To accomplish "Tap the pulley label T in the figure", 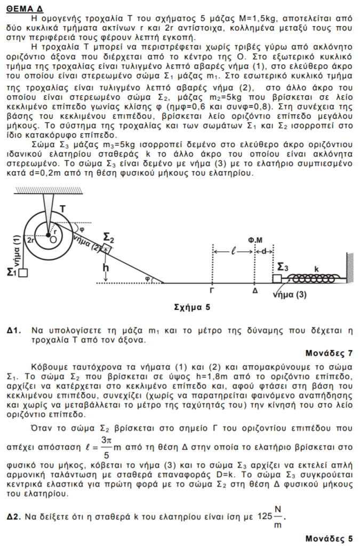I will pyautogui.click(x=62, y=209).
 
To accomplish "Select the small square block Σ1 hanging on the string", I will pyautogui.click(x=23, y=272).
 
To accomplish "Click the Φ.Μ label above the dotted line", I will pyautogui.click(x=255, y=240).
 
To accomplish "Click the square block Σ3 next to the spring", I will pyautogui.click(x=277, y=278).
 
